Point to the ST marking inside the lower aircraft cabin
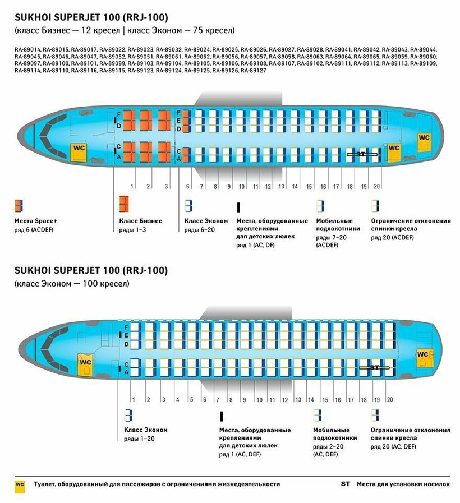tap(375, 367)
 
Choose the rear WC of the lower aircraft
tap(422, 354)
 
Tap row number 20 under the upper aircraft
tap(377, 186)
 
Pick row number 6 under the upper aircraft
tap(188, 186)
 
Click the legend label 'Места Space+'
tap(36, 221)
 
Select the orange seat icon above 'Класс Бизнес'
tap(124, 204)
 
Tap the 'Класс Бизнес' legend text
tap(140, 221)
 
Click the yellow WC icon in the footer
tap(20, 484)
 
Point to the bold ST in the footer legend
tap(346, 484)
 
